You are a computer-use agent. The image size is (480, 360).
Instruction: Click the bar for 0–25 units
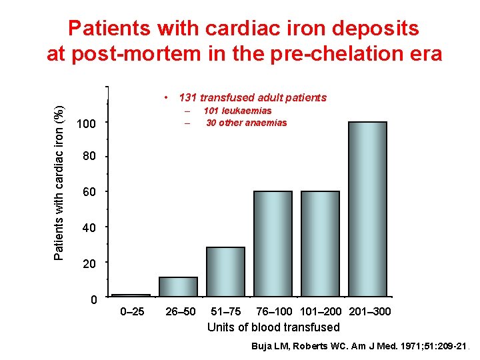coord(131,295)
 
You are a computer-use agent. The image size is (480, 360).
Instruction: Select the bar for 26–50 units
coord(178,286)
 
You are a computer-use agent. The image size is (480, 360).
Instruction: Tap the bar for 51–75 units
coord(225,271)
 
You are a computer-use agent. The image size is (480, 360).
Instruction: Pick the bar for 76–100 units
coord(273,243)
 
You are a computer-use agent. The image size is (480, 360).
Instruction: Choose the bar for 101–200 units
coord(320,243)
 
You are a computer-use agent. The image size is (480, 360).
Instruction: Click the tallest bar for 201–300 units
coord(367,209)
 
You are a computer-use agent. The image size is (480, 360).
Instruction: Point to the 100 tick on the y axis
coord(87,124)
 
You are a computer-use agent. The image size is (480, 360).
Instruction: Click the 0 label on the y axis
coord(94,300)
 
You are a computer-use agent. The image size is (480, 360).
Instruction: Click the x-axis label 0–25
coord(131,312)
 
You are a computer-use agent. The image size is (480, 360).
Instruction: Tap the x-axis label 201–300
coord(369,312)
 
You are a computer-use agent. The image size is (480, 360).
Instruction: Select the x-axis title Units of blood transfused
coord(273,327)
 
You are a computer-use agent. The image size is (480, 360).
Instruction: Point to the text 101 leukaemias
coord(237,111)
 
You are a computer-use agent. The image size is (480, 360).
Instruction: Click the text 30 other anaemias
coord(246,123)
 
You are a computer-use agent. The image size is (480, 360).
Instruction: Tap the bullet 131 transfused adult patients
coord(253,98)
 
